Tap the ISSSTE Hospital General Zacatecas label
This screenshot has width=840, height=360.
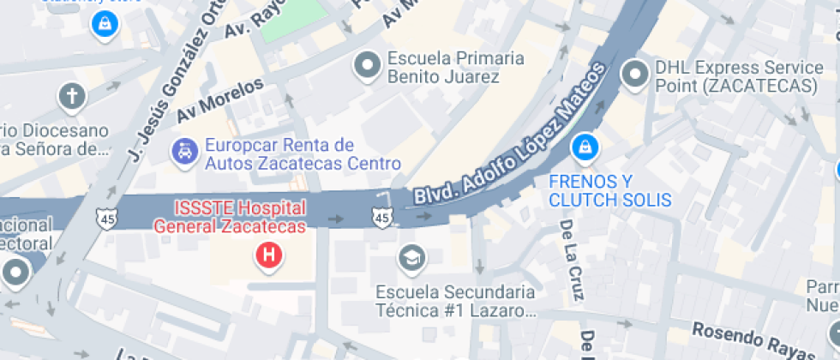pos(229,218)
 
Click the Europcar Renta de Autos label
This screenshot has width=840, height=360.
pos(303,153)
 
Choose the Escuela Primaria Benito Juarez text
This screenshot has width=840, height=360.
pos(455,68)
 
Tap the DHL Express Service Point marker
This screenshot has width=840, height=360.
pos(635,75)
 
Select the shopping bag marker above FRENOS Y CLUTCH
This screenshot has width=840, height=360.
pos(585,147)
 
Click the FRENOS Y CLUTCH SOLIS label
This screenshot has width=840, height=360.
pos(609,190)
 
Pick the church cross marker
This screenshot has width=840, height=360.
pos(72,97)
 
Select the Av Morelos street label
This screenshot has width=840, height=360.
pos(220,101)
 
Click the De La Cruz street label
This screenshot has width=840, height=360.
pos(572,260)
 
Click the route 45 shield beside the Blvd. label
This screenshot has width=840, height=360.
pos(382,219)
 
